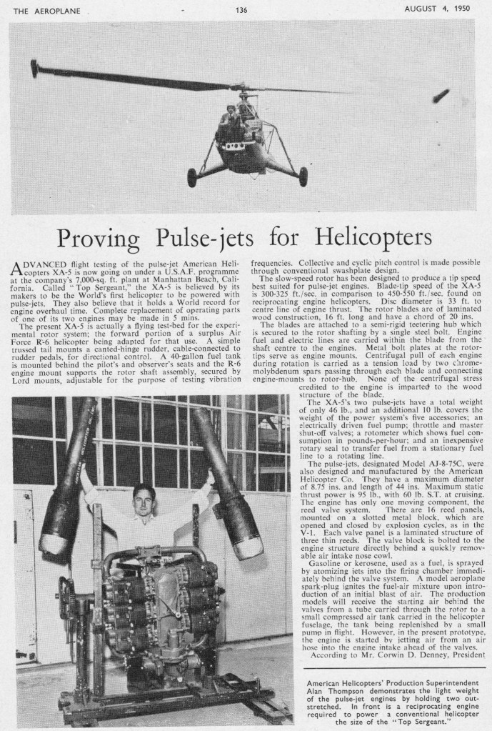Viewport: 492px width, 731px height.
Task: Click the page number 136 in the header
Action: click(x=241, y=9)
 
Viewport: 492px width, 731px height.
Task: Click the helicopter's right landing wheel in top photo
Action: click(x=303, y=175)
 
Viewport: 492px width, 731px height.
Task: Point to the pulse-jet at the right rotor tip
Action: click(x=441, y=94)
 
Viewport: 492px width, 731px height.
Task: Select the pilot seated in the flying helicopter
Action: click(x=231, y=114)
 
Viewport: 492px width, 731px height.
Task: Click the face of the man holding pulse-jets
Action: click(x=144, y=497)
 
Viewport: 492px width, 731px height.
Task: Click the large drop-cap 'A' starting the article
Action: click(x=21, y=269)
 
